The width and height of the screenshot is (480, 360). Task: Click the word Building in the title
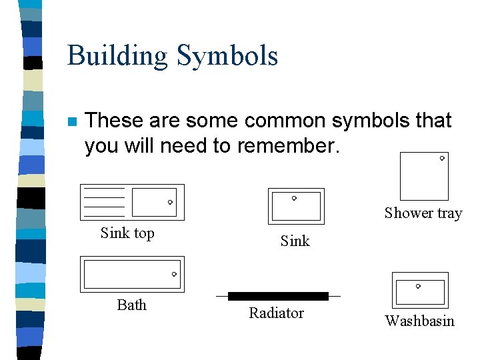coord(118,56)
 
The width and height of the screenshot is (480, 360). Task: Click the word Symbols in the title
coord(227,56)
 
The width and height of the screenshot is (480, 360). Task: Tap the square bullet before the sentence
coord(72,122)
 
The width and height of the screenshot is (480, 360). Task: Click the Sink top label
coord(127,233)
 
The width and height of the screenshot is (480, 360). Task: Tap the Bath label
coord(131,305)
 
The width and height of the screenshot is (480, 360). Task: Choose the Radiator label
coord(276,313)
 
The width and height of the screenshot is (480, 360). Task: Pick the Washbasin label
coord(419,321)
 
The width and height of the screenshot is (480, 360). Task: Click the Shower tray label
coord(423,213)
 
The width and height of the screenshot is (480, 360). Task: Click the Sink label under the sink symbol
coord(295,241)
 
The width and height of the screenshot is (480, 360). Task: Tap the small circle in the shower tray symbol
coord(442,159)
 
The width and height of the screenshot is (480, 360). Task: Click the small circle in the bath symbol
coord(174,274)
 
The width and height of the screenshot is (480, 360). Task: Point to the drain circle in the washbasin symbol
coord(418,287)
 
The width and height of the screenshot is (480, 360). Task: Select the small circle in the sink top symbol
coord(170,202)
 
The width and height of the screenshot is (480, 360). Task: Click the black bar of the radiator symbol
coord(278,296)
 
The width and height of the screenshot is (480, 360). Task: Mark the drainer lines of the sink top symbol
coord(105,202)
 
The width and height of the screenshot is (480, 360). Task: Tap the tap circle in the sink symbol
coord(294,198)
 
